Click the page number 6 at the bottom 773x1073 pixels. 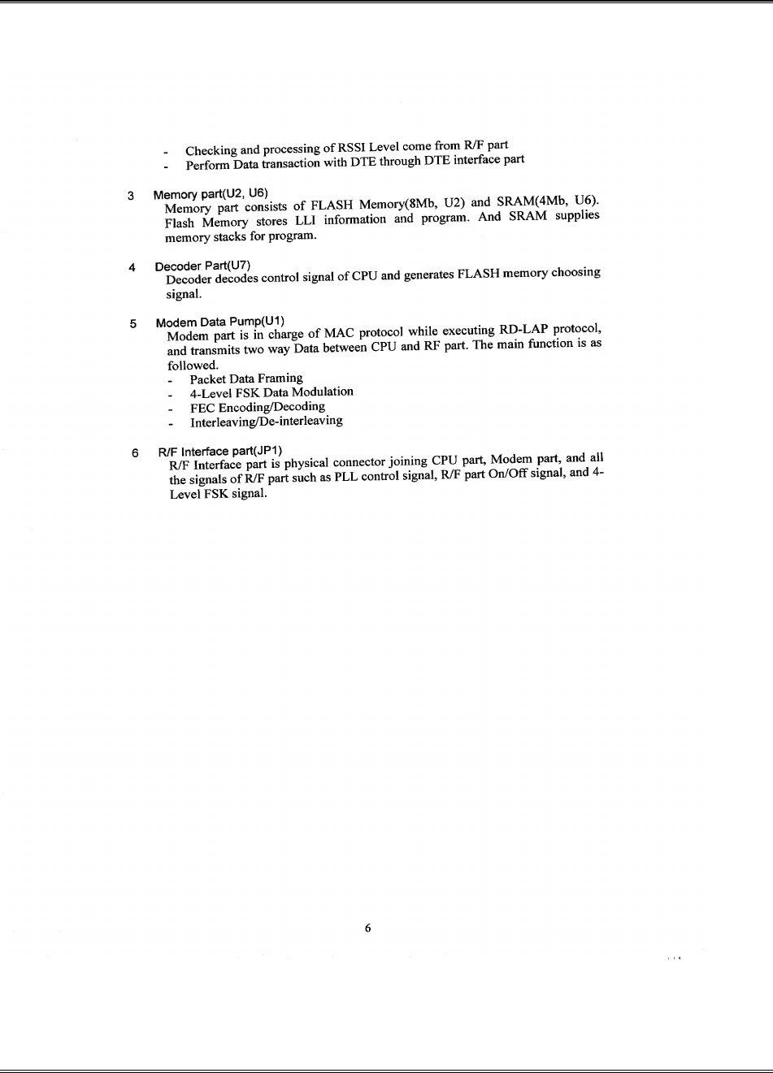368,928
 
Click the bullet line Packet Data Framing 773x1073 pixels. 246,379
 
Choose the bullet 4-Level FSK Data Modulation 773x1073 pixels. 271,392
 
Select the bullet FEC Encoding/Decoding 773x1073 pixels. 258,407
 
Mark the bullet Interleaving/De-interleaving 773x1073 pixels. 266,422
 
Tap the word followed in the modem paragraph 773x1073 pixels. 193,366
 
